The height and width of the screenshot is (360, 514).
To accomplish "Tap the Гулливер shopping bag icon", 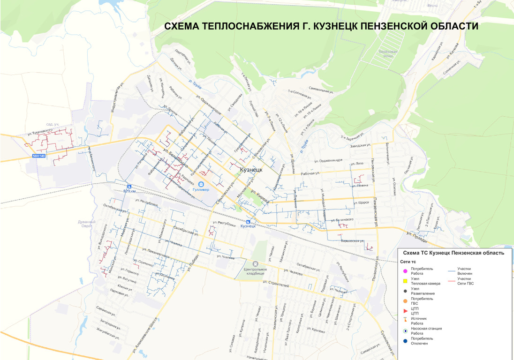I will click(201, 184).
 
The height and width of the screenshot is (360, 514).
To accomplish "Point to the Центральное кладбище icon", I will click(256, 264).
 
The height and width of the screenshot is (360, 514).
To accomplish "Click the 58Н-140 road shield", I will click(39, 155).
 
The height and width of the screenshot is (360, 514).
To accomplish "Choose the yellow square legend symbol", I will click(404, 281).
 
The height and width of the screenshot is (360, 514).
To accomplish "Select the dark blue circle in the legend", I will click(404, 341).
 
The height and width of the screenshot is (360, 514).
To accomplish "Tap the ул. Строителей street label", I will click(276, 284).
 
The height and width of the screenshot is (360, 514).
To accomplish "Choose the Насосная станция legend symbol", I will click(404, 331).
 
